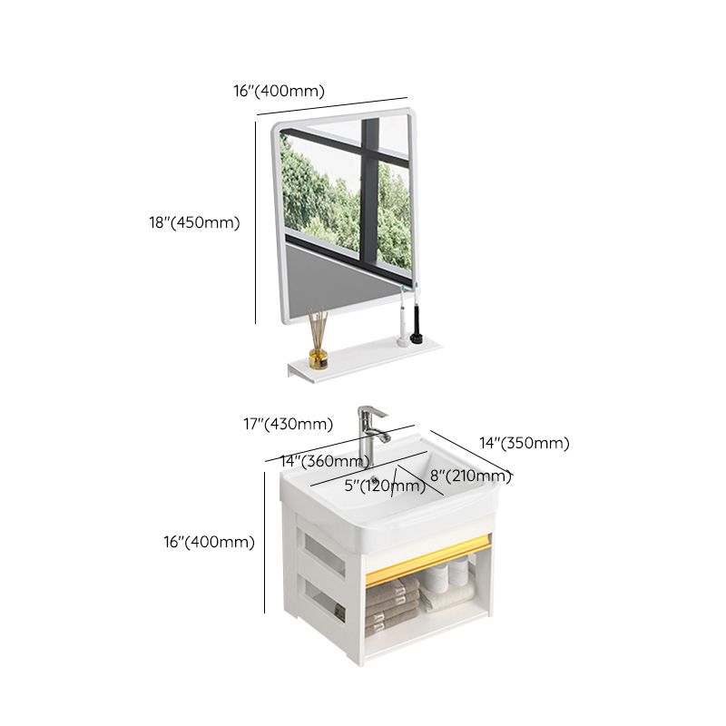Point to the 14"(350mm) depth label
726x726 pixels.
pyautogui.click(x=524, y=443)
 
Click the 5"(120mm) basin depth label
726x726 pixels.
pyautogui.click(x=384, y=486)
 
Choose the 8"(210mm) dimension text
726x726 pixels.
pyautogui.click(x=470, y=476)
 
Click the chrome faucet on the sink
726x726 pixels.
pyautogui.click(x=370, y=434)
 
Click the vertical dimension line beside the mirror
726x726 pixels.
pyautogui.click(x=255, y=222)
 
